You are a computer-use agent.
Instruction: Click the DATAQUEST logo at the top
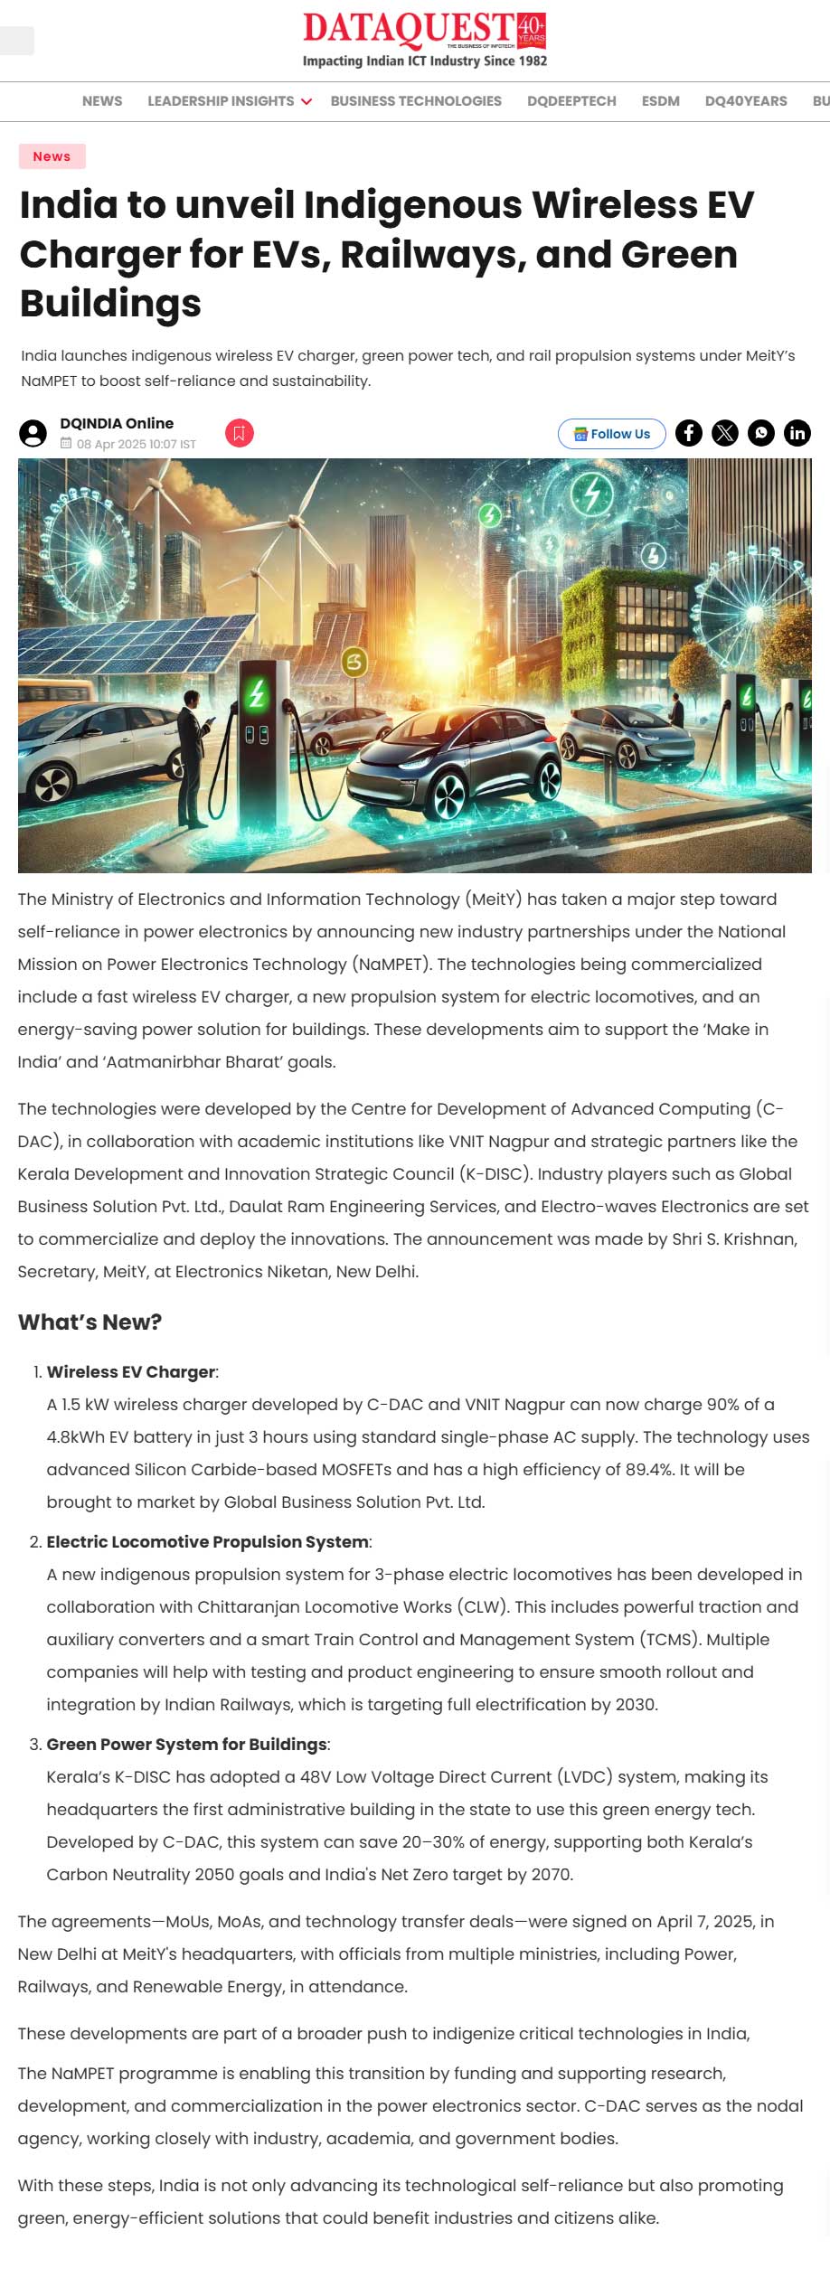click(x=424, y=40)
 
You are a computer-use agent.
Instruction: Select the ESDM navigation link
click(x=660, y=101)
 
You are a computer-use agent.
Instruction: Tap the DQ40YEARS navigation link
click(x=746, y=101)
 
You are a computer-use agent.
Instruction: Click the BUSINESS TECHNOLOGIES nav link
click(x=416, y=101)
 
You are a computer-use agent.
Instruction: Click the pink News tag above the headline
click(x=52, y=156)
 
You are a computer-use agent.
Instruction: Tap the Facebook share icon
click(x=689, y=433)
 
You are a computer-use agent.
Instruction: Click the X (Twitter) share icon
click(x=725, y=433)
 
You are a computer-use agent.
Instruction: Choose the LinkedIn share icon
click(x=797, y=433)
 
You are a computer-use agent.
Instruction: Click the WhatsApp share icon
click(x=761, y=433)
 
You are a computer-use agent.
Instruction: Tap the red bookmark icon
click(x=239, y=433)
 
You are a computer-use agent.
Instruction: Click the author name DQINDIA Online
click(x=117, y=423)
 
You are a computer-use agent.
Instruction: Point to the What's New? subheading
click(x=90, y=1323)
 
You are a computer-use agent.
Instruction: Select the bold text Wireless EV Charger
click(x=131, y=1371)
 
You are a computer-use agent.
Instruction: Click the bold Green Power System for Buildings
click(x=187, y=1744)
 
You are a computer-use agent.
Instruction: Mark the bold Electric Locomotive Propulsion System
click(x=207, y=1541)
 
